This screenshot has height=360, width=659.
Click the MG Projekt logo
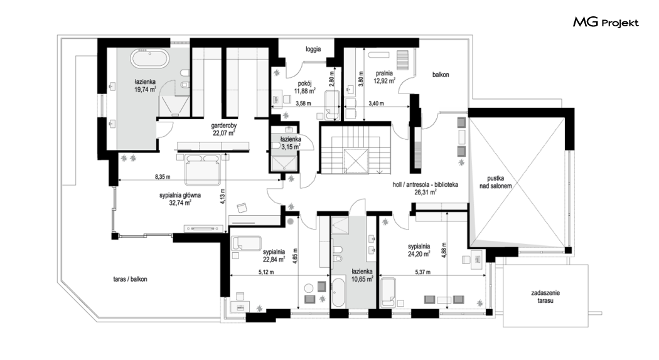tap(606, 22)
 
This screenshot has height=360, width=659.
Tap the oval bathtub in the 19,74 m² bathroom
tap(150, 58)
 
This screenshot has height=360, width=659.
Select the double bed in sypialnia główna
tap(203, 169)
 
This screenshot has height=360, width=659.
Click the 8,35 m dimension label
tap(162, 177)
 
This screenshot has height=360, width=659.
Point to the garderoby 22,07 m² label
tap(224, 129)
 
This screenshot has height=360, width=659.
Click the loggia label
tap(314, 49)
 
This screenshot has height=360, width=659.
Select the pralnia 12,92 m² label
tap(385, 77)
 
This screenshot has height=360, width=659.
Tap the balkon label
tap(441, 75)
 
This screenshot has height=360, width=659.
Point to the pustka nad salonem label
tap(496, 182)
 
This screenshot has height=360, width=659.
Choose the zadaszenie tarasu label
tap(545, 297)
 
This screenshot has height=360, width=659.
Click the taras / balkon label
tap(131, 279)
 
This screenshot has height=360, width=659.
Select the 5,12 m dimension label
tap(265, 272)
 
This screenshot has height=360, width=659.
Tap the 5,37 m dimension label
tap(423, 272)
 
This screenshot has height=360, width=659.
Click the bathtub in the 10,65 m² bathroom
tap(338, 295)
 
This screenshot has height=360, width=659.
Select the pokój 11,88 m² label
tap(305, 87)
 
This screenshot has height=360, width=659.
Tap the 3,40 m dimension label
tap(376, 103)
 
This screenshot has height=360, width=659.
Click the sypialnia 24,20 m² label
tap(419, 250)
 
